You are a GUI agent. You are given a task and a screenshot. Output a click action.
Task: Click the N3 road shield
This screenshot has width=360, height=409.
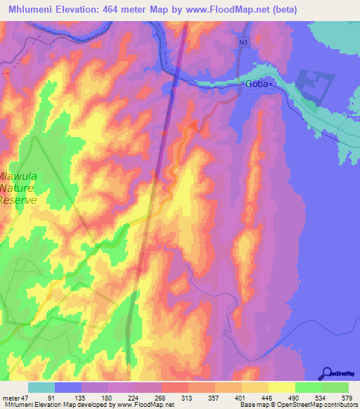click(x=243, y=42)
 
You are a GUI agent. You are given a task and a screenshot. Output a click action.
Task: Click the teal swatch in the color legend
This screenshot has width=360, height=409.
click(x=41, y=387)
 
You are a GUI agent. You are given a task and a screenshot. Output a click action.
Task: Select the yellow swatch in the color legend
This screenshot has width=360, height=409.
click(x=281, y=387)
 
